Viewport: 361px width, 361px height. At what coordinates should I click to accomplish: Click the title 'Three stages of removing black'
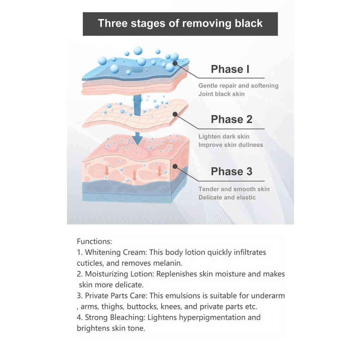pos(180,24)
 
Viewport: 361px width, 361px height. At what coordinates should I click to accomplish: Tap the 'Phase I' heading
pos(230,69)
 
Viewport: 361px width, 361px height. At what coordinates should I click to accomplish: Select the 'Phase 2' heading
pos(232,120)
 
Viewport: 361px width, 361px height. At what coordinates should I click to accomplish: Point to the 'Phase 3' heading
pos(232,172)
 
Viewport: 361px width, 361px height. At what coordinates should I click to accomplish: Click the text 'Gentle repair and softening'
pos(238,86)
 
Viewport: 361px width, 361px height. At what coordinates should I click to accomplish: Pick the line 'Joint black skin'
pos(221,94)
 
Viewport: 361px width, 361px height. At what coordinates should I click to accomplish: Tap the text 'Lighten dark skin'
pos(224,136)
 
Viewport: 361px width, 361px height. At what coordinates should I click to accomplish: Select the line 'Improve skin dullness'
pos(231,145)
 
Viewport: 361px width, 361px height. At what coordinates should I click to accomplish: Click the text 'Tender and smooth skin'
pos(234,189)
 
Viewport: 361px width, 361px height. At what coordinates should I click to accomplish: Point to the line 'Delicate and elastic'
pos(227,197)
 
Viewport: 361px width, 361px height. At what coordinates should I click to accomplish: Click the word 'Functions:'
pos(94,242)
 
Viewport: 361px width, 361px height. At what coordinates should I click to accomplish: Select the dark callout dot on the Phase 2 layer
pos(175,114)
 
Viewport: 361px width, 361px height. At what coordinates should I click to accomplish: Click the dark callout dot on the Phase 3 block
pos(175,166)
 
